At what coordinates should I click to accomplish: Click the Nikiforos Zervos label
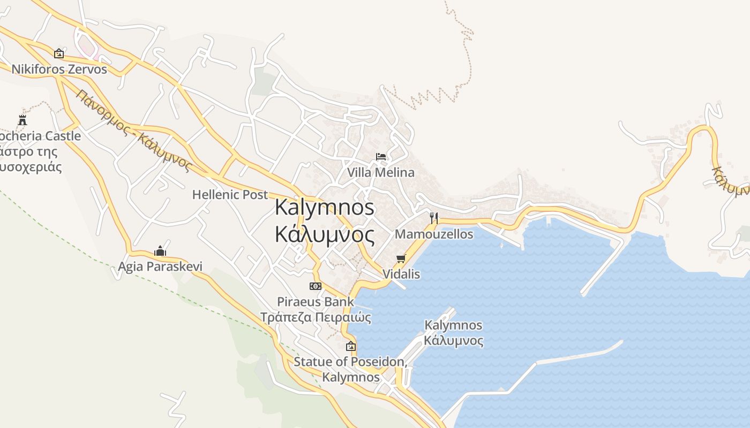[x=59, y=70]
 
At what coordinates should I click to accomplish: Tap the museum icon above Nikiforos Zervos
[x=59, y=53]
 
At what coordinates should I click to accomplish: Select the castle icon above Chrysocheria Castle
[x=22, y=120]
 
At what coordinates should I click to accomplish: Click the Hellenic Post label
[x=230, y=195]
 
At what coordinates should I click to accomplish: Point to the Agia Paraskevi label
[x=160, y=266]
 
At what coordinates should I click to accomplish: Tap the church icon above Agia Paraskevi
[x=160, y=250]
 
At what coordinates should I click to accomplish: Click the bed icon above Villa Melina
[x=381, y=157]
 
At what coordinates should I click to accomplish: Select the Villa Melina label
[x=381, y=172]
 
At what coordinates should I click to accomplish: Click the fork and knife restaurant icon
[x=434, y=218]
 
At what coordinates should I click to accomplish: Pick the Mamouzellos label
[x=434, y=234]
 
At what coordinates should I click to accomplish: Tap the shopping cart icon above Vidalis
[x=401, y=259]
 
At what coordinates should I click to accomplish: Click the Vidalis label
[x=401, y=274]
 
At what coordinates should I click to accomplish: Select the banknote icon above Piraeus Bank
[x=316, y=286]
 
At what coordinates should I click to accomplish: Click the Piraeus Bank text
[x=316, y=302]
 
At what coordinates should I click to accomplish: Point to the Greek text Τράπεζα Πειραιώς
[x=316, y=317]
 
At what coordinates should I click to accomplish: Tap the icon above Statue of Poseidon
[x=351, y=346]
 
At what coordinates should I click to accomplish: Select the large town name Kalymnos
[x=324, y=208]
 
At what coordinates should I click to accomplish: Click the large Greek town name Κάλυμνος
[x=324, y=234]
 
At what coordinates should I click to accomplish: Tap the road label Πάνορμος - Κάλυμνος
[x=134, y=131]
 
